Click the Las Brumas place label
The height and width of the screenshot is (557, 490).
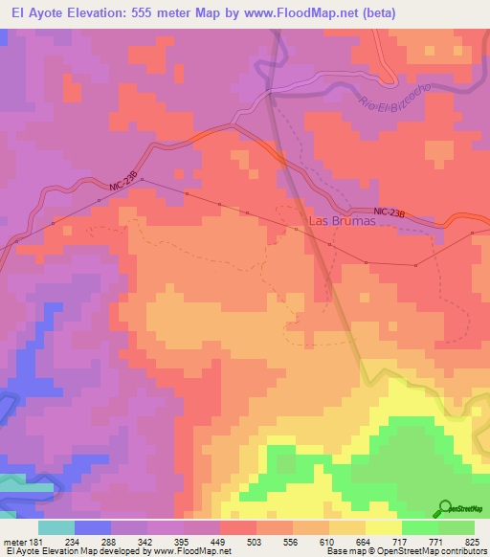coord(341,221)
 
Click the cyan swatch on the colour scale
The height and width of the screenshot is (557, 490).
coord(56,527)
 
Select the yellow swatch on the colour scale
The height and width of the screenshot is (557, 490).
coord(383,527)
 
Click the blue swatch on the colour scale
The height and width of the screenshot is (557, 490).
coord(93,527)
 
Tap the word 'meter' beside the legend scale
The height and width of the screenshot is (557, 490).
coord(15,542)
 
